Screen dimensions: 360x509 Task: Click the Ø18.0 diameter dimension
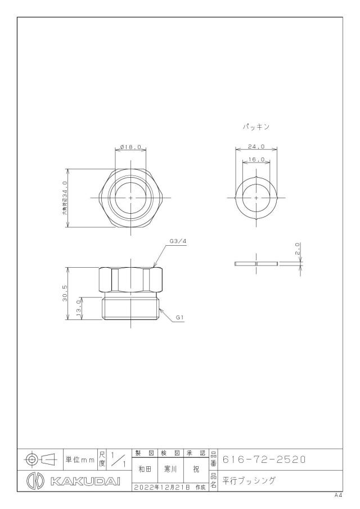pyautogui.click(x=130, y=147)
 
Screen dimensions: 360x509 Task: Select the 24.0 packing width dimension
pyautogui.click(x=256, y=146)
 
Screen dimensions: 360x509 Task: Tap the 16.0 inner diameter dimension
pyautogui.click(x=256, y=159)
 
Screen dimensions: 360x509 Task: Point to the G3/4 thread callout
pyautogui.click(x=178, y=241)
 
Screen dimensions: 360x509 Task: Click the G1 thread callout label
pyautogui.click(x=180, y=318)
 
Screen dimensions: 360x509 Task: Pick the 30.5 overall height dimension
pyautogui.click(x=64, y=293)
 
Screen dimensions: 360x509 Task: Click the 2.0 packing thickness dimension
pyautogui.click(x=298, y=249)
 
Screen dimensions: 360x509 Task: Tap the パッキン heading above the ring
pyautogui.click(x=256, y=127)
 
